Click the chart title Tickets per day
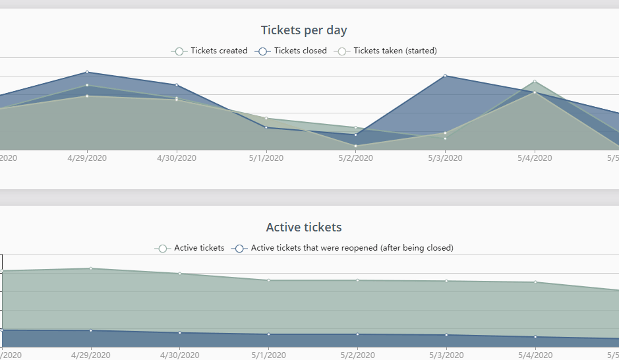tap(304, 30)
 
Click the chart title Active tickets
tap(304, 227)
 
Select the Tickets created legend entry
tap(210, 51)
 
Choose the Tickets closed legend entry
tap(292, 51)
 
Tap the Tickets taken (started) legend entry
tap(386, 51)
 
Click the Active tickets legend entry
tap(190, 249)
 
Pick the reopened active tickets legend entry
tap(343, 249)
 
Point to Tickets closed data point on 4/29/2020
tap(87, 73)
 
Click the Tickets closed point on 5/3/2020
tap(445, 76)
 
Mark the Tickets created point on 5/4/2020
tap(535, 81)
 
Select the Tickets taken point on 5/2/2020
tap(355, 146)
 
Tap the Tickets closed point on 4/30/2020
tap(177, 85)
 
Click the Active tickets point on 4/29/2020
tap(90, 268)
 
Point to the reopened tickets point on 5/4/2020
tap(535, 337)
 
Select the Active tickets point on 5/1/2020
tap(268, 280)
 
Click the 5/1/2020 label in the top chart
tap(266, 158)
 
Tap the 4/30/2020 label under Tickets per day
tap(177, 158)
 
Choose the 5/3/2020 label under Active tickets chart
tap(445, 355)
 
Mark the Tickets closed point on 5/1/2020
tap(266, 127)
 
